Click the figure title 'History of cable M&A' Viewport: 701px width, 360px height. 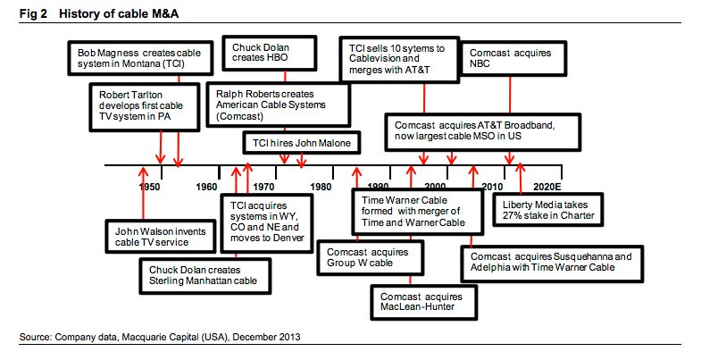click(x=119, y=14)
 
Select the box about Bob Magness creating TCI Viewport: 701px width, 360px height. click(x=140, y=58)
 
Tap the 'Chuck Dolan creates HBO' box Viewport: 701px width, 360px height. click(x=270, y=54)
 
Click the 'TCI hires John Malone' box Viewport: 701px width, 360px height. click(x=302, y=143)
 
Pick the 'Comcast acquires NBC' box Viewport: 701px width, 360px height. click(x=513, y=59)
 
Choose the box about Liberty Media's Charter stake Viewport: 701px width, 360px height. click(x=548, y=210)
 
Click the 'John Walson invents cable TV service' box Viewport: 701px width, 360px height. click(x=161, y=237)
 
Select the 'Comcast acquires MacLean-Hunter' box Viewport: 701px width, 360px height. click(x=424, y=302)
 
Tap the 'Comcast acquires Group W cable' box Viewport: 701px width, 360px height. click(x=370, y=257)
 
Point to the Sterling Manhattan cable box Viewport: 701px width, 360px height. click(x=205, y=275)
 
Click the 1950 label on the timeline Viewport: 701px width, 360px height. click(x=149, y=187)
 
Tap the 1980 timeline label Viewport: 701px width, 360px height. click(x=321, y=187)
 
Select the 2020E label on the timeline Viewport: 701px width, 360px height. click(x=547, y=187)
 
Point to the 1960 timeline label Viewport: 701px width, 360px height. click(x=206, y=187)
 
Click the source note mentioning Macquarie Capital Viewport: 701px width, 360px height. click(x=160, y=336)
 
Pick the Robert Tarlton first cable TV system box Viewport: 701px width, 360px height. click(x=145, y=106)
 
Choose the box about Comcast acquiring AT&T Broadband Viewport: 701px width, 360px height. click(x=483, y=131)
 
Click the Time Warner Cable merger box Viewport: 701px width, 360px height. click(x=418, y=212)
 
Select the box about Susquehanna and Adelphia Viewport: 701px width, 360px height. click(x=552, y=263)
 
